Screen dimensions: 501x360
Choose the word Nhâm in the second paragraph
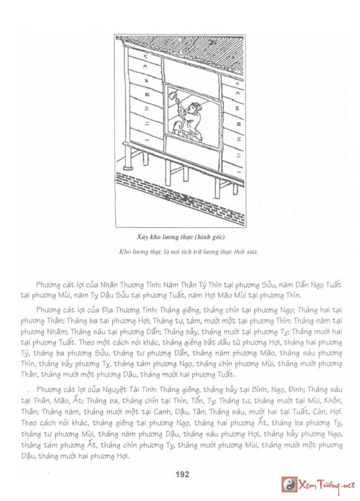pyautogui.click(x=54, y=331)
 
